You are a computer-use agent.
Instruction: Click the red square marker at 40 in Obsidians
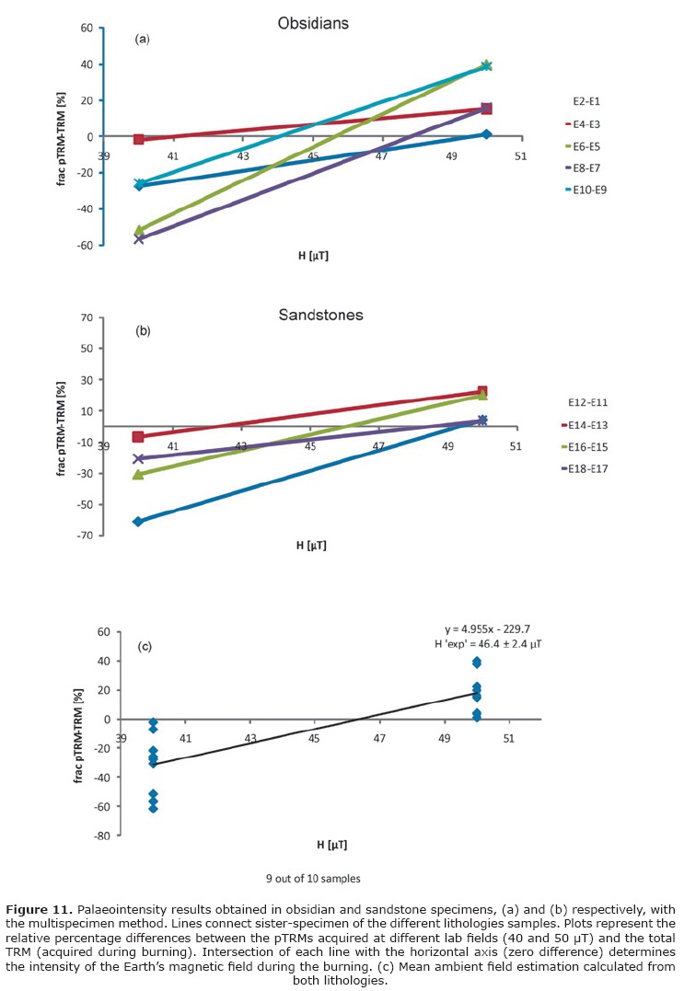(x=139, y=139)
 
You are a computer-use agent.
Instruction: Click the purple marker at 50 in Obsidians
(x=486, y=109)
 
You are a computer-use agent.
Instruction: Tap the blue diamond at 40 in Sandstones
(x=138, y=522)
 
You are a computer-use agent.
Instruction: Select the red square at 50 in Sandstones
(x=482, y=391)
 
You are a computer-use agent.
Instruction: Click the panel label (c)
(x=145, y=646)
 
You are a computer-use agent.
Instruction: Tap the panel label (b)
(x=143, y=329)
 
